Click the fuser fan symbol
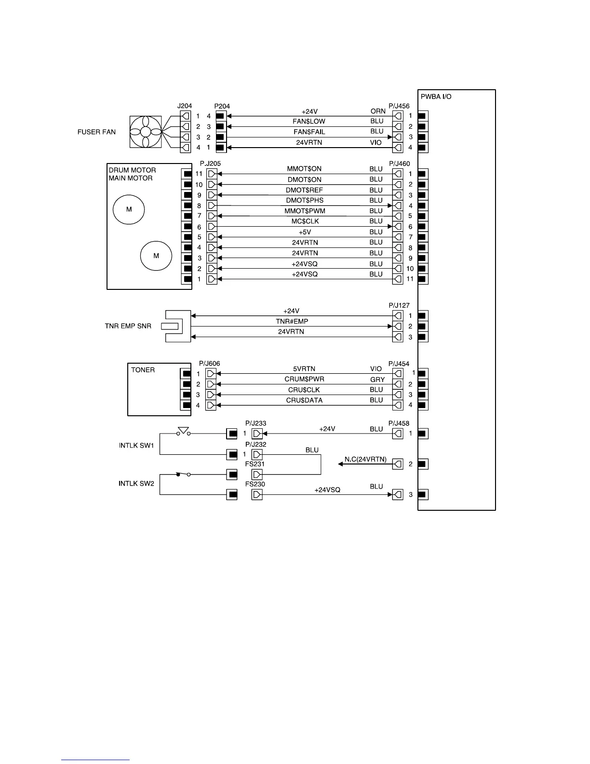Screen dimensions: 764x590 [146, 132]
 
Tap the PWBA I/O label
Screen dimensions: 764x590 [436, 96]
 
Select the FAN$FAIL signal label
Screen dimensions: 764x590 [309, 132]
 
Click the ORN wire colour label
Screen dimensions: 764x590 [378, 111]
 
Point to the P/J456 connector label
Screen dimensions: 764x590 [399, 106]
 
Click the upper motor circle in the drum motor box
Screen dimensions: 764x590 [129, 209]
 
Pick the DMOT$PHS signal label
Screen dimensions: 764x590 [305, 200]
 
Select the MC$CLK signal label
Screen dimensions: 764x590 [305, 221]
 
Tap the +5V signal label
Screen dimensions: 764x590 [305, 232]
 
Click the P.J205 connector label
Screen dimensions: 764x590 [210, 164]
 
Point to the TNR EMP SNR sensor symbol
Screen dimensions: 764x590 [177, 326]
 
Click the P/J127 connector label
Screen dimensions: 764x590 [399, 305]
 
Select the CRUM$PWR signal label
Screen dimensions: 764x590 [304, 379]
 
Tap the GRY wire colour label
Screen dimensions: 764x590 [377, 380]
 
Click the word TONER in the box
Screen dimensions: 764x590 [143, 370]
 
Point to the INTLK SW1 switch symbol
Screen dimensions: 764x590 [183, 431]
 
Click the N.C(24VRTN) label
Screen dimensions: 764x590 [365, 459]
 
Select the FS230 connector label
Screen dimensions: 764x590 [255, 484]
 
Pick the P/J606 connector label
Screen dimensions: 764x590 [209, 364]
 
